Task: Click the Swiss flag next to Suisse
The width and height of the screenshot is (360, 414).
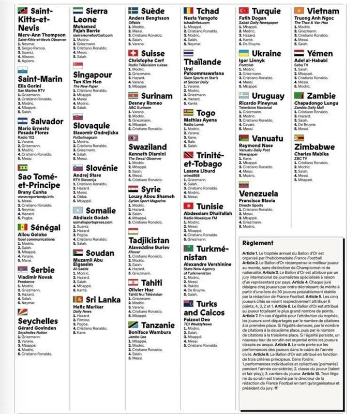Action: pyautogui.click(x=133, y=53)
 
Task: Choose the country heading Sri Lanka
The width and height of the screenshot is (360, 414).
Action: pyautogui.click(x=102, y=300)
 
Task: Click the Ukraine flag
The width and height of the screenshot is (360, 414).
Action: pyautogui.click(x=244, y=53)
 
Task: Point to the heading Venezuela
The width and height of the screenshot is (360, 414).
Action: pyautogui.click(x=258, y=194)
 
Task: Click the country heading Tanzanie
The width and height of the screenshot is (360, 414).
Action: pyautogui.click(x=158, y=325)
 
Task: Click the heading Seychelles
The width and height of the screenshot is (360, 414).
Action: pyautogui.click(x=38, y=321)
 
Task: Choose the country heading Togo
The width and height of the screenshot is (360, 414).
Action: pyautogui.click(x=206, y=113)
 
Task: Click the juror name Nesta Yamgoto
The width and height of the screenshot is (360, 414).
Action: pyautogui.click(x=202, y=18)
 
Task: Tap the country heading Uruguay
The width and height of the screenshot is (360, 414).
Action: pyautogui.click(x=267, y=96)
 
